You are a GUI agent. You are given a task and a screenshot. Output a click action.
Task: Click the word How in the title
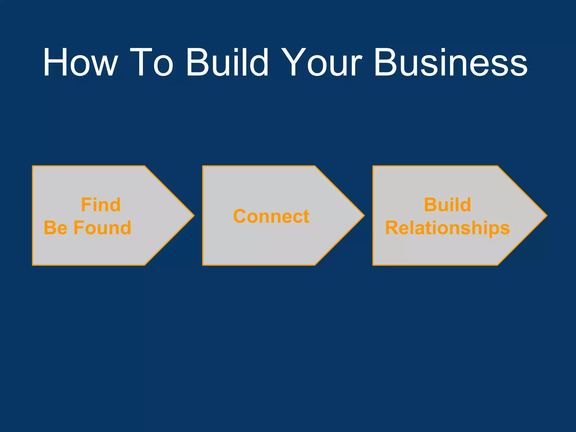80,62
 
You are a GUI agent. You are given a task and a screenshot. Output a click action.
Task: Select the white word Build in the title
227,62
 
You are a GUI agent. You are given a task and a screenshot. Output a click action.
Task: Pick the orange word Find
101,205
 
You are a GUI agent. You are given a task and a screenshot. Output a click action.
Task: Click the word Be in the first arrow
56,228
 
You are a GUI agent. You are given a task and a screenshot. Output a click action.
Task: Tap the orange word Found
102,228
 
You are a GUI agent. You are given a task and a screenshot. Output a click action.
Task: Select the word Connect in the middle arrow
271,216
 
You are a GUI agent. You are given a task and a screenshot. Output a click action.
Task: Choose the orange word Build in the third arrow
447,205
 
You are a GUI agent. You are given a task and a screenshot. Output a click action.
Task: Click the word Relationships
447,228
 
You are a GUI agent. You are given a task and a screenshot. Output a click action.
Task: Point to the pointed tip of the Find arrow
193,216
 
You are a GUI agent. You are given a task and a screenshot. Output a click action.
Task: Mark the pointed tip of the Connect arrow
364,216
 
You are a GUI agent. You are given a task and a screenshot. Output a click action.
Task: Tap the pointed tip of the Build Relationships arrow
546,216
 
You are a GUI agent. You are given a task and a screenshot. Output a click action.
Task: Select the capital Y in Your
292,62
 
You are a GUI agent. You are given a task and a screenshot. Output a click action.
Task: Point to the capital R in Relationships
392,228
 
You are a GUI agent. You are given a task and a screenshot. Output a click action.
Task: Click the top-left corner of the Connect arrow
203,166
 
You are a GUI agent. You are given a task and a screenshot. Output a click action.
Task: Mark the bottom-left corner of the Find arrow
33,265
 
